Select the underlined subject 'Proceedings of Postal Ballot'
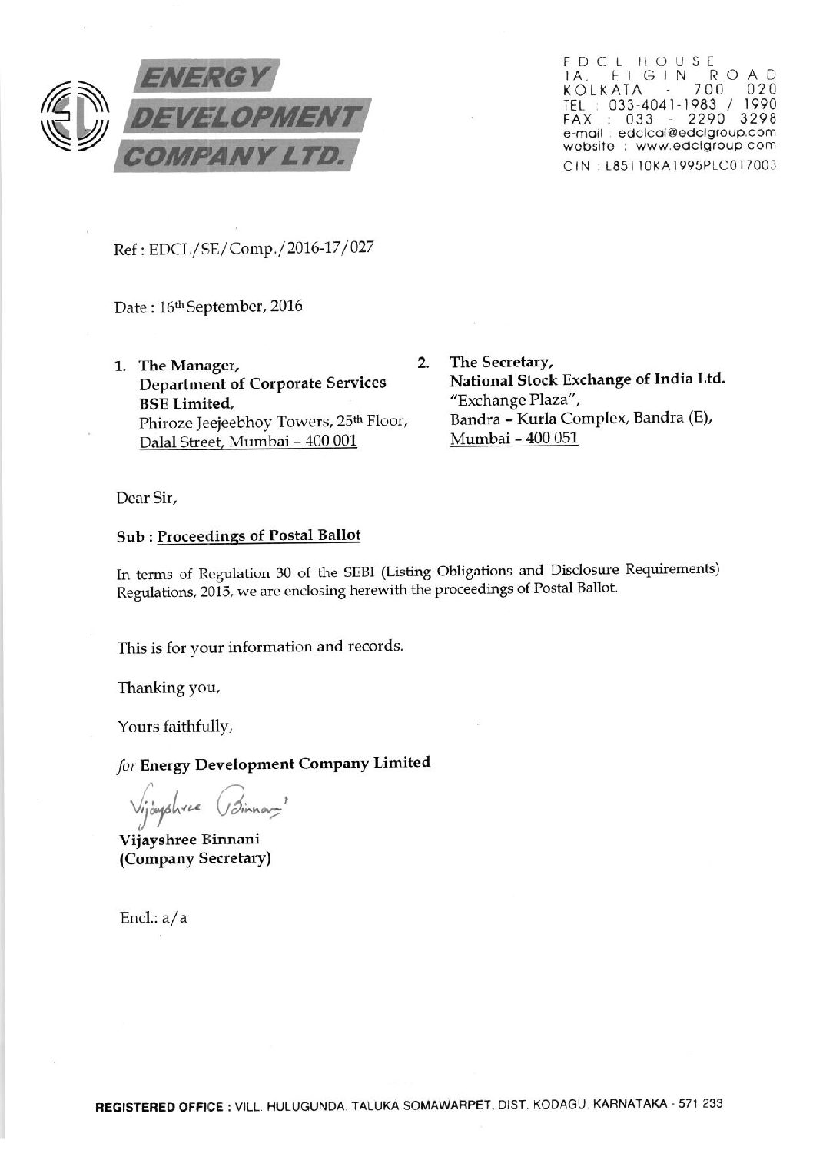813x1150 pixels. (x=258, y=536)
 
